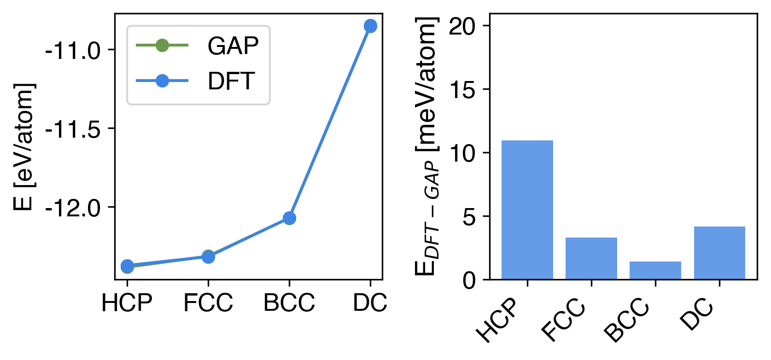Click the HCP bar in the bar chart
[527, 209]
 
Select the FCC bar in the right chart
[591, 258]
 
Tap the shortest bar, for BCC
[655, 270]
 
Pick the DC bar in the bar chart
[719, 253]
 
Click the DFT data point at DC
[370, 26]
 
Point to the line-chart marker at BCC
[289, 218]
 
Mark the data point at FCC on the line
[208, 256]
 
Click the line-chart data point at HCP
[127, 266]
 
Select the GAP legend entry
[198, 46]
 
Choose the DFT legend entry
[198, 81]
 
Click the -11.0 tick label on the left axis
[73, 51]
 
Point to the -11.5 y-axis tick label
[73, 129]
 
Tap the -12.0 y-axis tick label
[73, 208]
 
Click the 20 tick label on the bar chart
[462, 27]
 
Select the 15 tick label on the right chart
[462, 90]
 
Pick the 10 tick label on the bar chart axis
[462, 154]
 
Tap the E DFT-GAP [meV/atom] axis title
[426, 146]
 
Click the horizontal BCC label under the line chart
[289, 303]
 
